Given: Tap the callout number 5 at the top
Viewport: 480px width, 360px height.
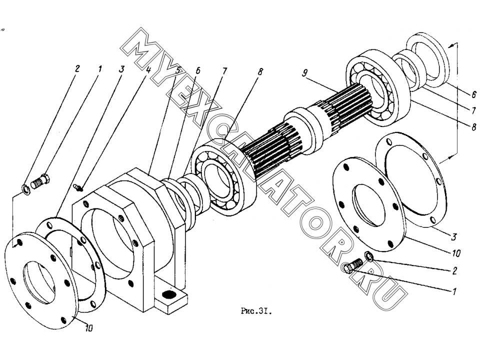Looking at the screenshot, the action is pos(177,69).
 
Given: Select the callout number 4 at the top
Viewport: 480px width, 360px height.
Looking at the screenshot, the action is pos(148,70).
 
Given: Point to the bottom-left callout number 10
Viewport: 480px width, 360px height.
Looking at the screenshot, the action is pos(89,328).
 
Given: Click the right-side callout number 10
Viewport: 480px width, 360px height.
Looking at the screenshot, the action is pos(456,253).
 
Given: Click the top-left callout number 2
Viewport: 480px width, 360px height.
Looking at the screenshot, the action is pos(76,68).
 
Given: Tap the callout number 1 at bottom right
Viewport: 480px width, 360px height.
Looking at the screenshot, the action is pos(454,291).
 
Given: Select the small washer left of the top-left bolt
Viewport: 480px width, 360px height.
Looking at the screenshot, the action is pos(25,190).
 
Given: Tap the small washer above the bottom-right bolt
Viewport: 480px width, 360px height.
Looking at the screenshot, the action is pos(368,256).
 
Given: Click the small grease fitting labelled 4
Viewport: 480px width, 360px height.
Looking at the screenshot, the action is pos(78,186).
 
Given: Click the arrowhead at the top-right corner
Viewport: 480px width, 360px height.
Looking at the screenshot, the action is pos(449,46).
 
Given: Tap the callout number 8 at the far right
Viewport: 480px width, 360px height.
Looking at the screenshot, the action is pos(473,126).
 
